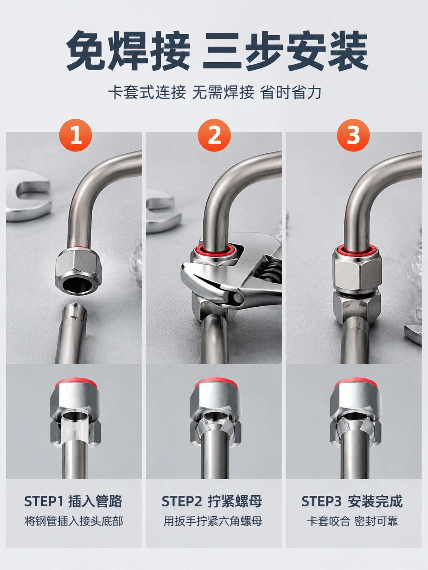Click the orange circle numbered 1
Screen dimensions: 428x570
tap(76, 135)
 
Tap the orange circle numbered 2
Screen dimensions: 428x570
tap(214, 135)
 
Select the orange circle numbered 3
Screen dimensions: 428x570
tap(353, 135)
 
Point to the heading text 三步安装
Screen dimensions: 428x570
tap(286, 51)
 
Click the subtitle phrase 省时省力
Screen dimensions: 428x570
tap(291, 93)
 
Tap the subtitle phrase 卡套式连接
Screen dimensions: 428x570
tap(147, 93)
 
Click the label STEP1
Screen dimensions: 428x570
tap(44, 501)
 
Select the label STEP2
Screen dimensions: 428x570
tap(182, 501)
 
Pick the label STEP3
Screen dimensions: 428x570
tap(322, 501)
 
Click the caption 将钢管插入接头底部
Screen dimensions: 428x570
tap(74, 521)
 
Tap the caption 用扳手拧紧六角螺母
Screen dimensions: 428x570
tap(213, 521)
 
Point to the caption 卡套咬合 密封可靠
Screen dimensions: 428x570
tap(352, 521)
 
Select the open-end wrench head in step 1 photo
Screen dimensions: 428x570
tap(28, 196)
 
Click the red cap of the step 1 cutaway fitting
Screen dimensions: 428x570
tap(74, 383)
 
